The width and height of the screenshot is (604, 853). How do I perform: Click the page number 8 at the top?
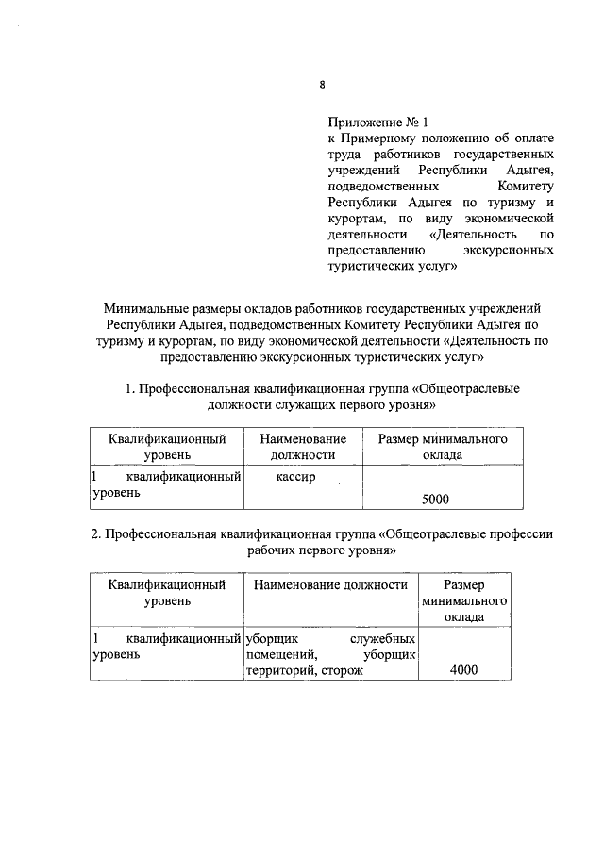321,85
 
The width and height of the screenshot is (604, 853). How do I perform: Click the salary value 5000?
435,499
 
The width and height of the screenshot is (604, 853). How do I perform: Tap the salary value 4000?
463,670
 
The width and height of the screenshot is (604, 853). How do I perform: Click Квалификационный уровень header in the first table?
166,447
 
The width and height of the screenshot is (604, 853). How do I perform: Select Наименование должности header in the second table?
329,584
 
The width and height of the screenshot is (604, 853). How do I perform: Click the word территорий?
278,670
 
